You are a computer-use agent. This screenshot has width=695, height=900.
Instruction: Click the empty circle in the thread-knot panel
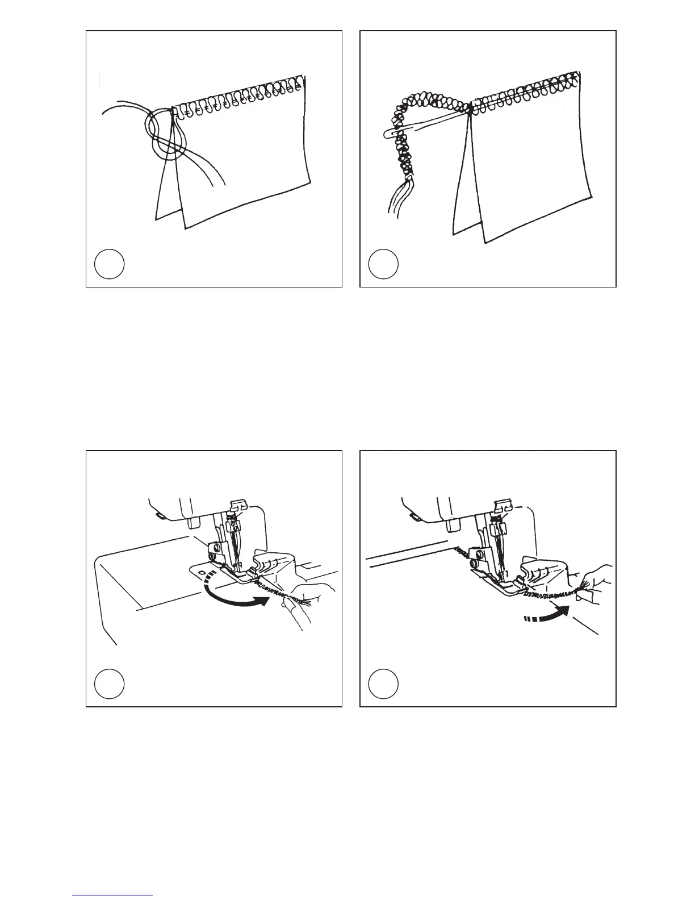pyautogui.click(x=110, y=264)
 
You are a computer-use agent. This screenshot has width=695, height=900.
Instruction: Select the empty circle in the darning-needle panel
pyautogui.click(x=384, y=264)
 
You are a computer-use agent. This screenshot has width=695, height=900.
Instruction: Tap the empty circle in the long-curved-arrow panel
pyautogui.click(x=110, y=684)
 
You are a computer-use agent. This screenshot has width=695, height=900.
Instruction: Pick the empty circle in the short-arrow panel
pyautogui.click(x=384, y=684)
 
